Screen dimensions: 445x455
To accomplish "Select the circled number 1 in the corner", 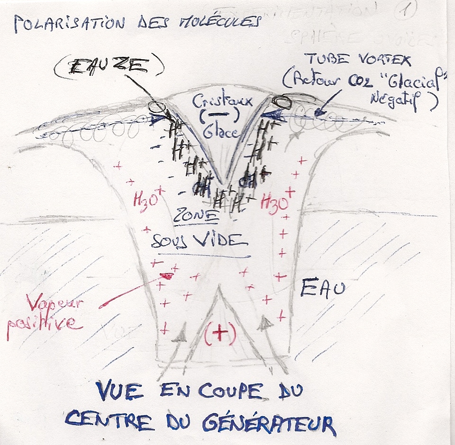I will (405, 11).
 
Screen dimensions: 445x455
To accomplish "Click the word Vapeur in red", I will (53, 303).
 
